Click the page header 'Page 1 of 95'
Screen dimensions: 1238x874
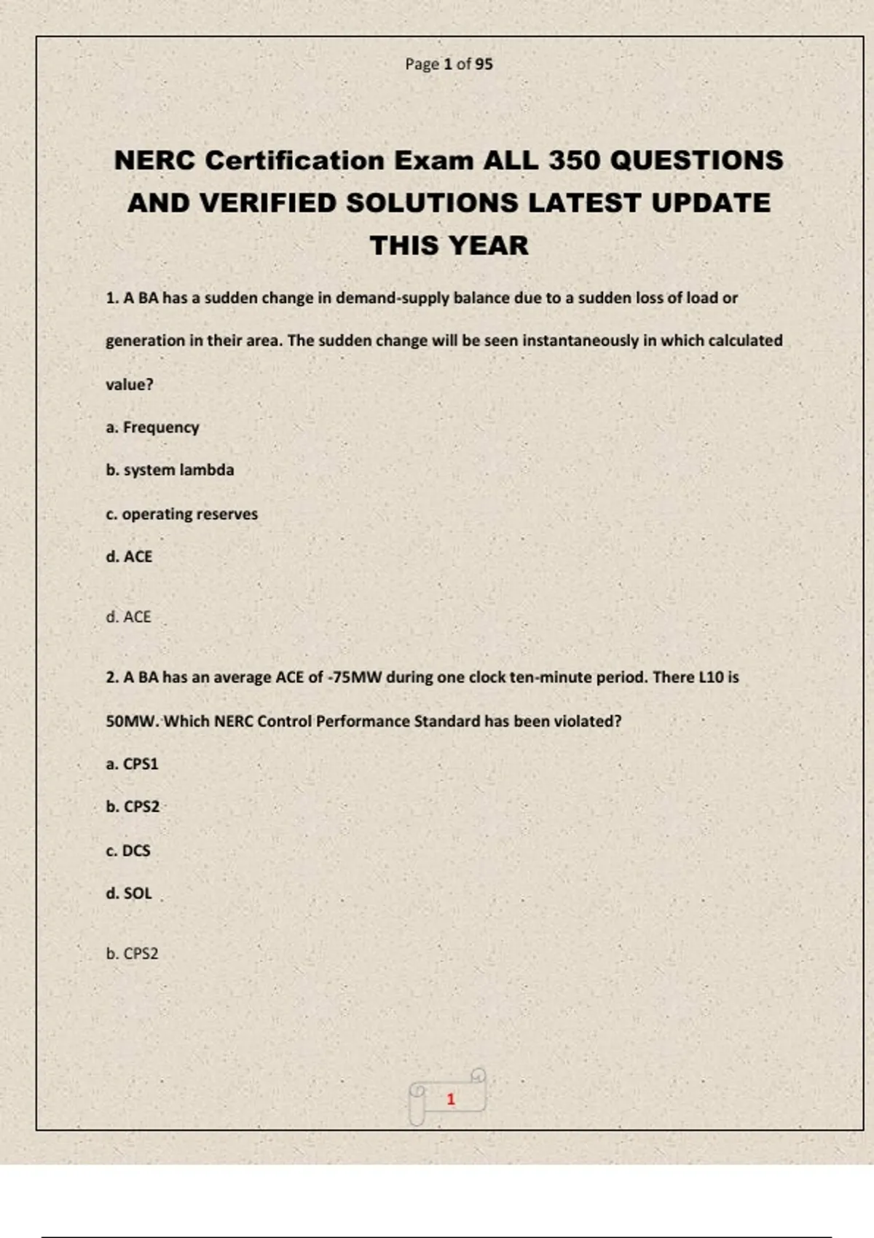(449, 64)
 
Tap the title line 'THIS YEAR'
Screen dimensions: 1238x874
(449, 245)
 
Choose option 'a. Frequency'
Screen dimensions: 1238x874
(152, 427)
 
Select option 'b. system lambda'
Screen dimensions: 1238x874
(170, 470)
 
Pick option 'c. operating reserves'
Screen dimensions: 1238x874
(181, 514)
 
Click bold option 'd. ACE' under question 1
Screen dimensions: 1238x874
(129, 557)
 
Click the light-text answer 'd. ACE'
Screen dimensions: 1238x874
(128, 617)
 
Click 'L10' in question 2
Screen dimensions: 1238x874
(711, 677)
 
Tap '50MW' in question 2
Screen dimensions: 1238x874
(132, 722)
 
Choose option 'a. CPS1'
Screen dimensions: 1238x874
(132, 764)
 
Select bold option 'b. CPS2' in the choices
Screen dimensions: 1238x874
(133, 807)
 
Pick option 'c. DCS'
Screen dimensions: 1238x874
(128, 851)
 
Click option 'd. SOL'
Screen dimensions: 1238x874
(129, 894)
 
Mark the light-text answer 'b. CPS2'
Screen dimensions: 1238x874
(132, 953)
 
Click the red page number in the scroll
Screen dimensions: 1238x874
(451, 1099)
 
